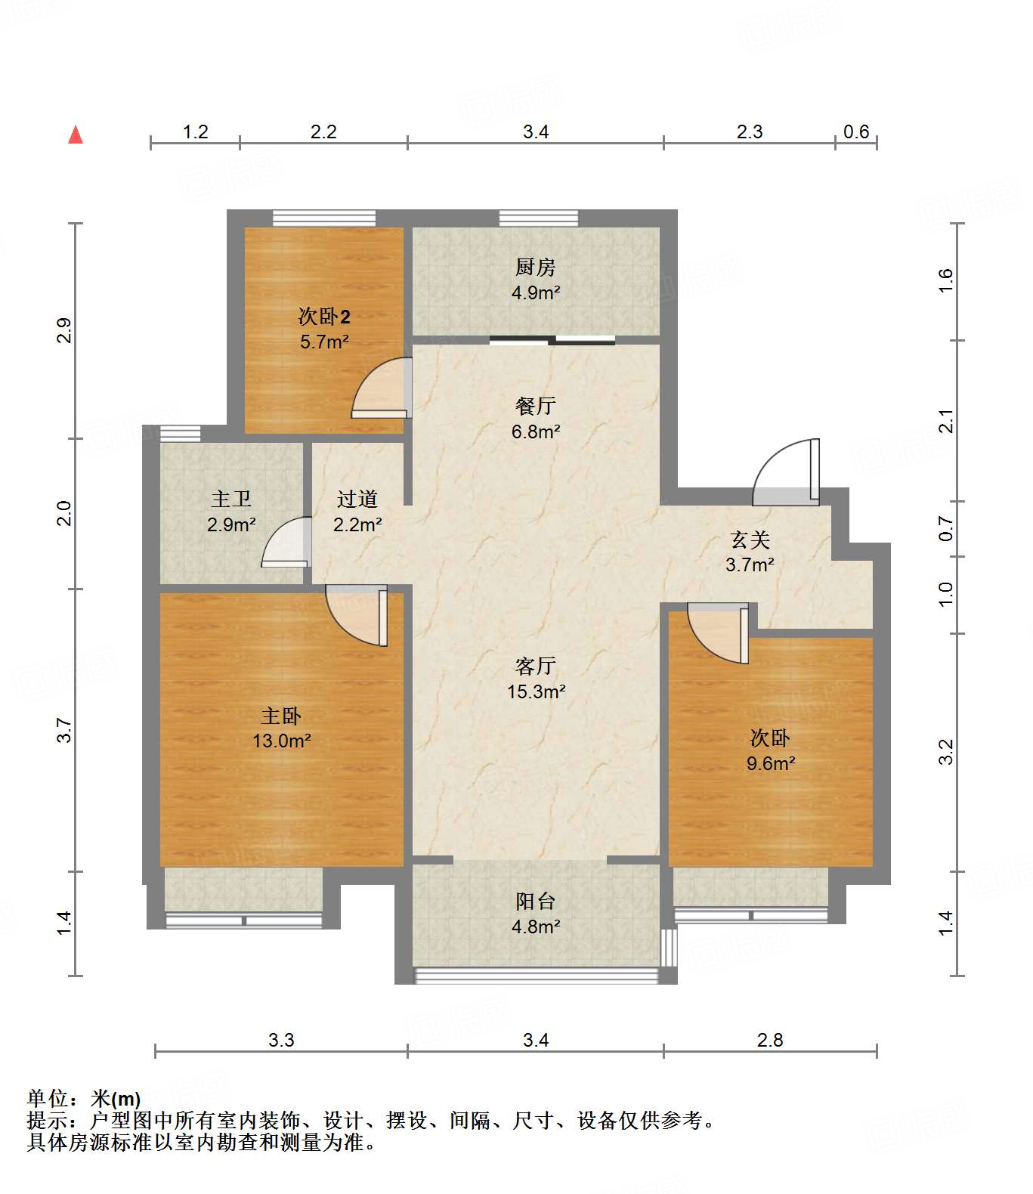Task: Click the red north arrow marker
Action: coord(76,135)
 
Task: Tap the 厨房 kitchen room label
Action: coord(535,268)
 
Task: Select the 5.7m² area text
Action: coord(324,342)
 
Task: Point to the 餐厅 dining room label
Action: coord(536,406)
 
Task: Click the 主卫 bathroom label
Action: coord(231,499)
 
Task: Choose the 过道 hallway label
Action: coord(357,499)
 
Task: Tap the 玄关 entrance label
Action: coord(750,540)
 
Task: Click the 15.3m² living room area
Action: coord(536,692)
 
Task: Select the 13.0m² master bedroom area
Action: coord(281,741)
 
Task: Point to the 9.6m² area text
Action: coord(771,764)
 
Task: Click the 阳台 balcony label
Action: coord(536,901)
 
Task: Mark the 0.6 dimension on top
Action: coord(856,131)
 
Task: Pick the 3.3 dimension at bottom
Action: coord(281,1040)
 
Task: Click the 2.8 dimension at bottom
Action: coord(770,1040)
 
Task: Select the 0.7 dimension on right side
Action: coord(945,528)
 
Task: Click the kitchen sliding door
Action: coord(552,340)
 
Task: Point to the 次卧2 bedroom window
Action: coord(324,218)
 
